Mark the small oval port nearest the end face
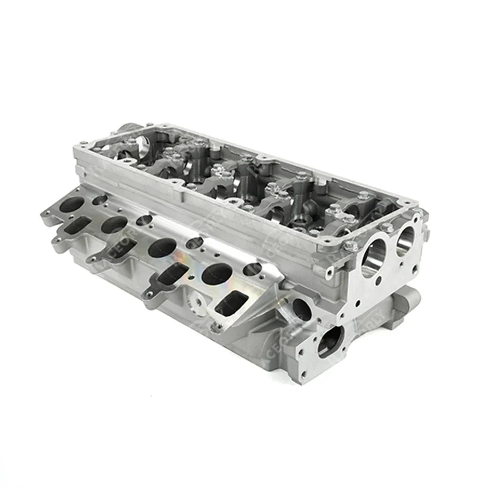[x=252, y=268]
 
